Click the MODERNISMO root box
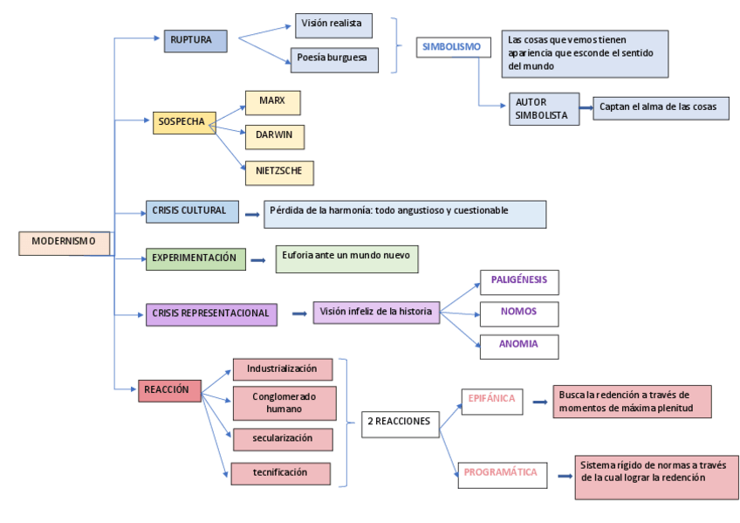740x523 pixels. (x=65, y=243)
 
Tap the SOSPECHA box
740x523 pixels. (x=183, y=123)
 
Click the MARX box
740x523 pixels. (x=273, y=102)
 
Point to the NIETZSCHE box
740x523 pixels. (x=279, y=172)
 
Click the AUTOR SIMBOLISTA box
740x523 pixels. (x=544, y=109)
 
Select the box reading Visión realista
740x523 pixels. (x=334, y=25)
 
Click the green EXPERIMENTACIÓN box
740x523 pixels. (x=195, y=259)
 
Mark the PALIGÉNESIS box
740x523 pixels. (x=519, y=282)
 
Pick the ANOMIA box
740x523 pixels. (x=519, y=346)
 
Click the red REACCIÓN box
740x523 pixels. (x=169, y=391)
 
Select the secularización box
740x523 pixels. (x=283, y=438)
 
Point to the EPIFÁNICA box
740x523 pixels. (x=490, y=400)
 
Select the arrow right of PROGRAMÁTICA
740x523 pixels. (x=564, y=476)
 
